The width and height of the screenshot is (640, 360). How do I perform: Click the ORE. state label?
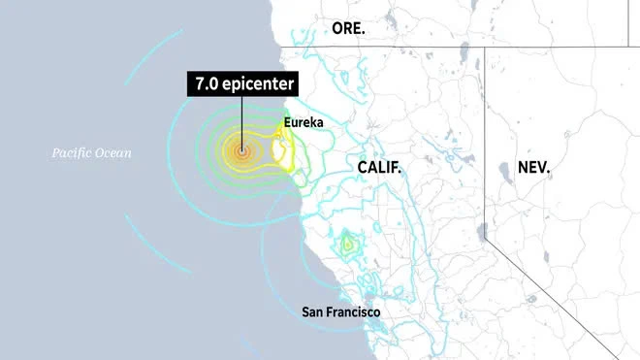click(x=348, y=28)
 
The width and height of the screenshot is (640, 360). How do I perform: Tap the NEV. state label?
click(x=533, y=168)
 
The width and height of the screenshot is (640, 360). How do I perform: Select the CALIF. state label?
click(x=379, y=168)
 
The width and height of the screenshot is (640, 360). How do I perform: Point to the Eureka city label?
click(x=304, y=124)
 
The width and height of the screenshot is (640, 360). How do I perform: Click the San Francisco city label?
click(x=340, y=311)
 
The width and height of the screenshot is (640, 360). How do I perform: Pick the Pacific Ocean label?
click(x=93, y=152)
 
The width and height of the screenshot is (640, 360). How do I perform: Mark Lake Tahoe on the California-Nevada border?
click(x=483, y=231)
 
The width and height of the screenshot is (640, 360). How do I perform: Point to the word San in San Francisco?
click(x=313, y=311)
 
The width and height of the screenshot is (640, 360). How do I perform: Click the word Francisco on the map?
click(x=354, y=311)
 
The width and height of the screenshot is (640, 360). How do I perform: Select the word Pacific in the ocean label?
click(x=74, y=152)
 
